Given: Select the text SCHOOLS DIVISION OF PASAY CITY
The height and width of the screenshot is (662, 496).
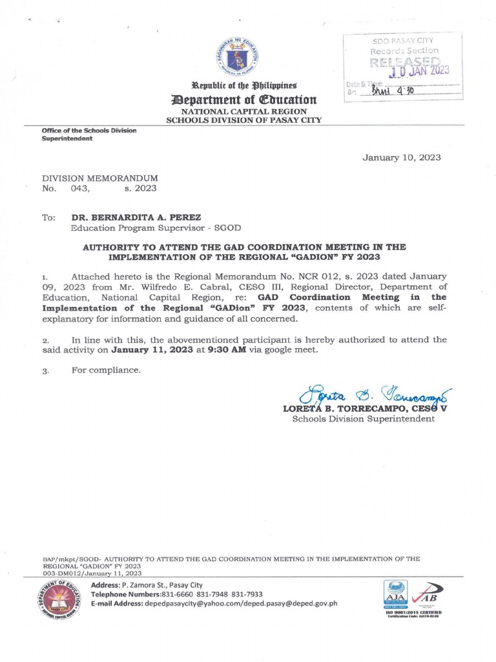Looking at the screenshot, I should tap(243, 120).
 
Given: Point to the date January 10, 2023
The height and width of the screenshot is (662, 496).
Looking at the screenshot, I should tap(401, 157).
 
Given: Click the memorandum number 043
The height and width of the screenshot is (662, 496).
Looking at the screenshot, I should tap(79, 189).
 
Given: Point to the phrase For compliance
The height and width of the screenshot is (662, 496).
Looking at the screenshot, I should tap(106, 370).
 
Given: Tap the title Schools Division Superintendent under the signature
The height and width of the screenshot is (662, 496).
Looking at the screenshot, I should tap(363, 419).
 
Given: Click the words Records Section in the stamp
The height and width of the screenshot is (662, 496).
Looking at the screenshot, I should tap(404, 50).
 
